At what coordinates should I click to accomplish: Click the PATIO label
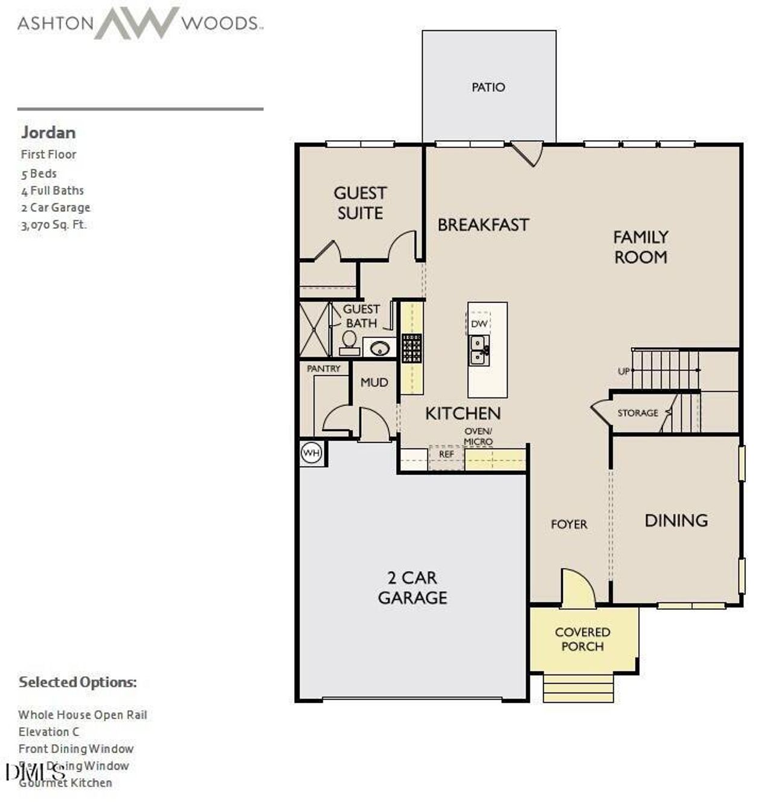pyautogui.click(x=488, y=88)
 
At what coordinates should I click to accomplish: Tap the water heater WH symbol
pyautogui.click(x=312, y=453)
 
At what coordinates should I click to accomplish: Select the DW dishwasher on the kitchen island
pyautogui.click(x=479, y=324)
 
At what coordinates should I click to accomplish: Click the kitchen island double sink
pyautogui.click(x=480, y=350)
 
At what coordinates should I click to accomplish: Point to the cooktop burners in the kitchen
pyautogui.click(x=412, y=348)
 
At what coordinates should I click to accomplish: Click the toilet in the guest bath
pyautogui.click(x=349, y=342)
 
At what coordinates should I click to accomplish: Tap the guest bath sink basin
pyautogui.click(x=379, y=348)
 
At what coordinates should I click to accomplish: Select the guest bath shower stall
pyautogui.click(x=315, y=330)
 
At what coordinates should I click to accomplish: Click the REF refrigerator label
pyautogui.click(x=446, y=454)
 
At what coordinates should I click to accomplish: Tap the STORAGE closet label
pyautogui.click(x=637, y=413)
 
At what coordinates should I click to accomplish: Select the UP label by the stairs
pyautogui.click(x=624, y=371)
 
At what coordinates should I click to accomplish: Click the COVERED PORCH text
pyautogui.click(x=582, y=639)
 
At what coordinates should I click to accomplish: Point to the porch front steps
pyautogui.click(x=579, y=688)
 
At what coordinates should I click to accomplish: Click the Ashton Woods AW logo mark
pyautogui.click(x=136, y=23)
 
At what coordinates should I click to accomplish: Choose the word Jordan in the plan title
pyautogui.click(x=48, y=133)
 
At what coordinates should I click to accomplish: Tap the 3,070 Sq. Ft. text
pyautogui.click(x=54, y=225)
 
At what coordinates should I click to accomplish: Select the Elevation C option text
pyautogui.click(x=48, y=732)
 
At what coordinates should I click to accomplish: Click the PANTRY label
pyautogui.click(x=324, y=368)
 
